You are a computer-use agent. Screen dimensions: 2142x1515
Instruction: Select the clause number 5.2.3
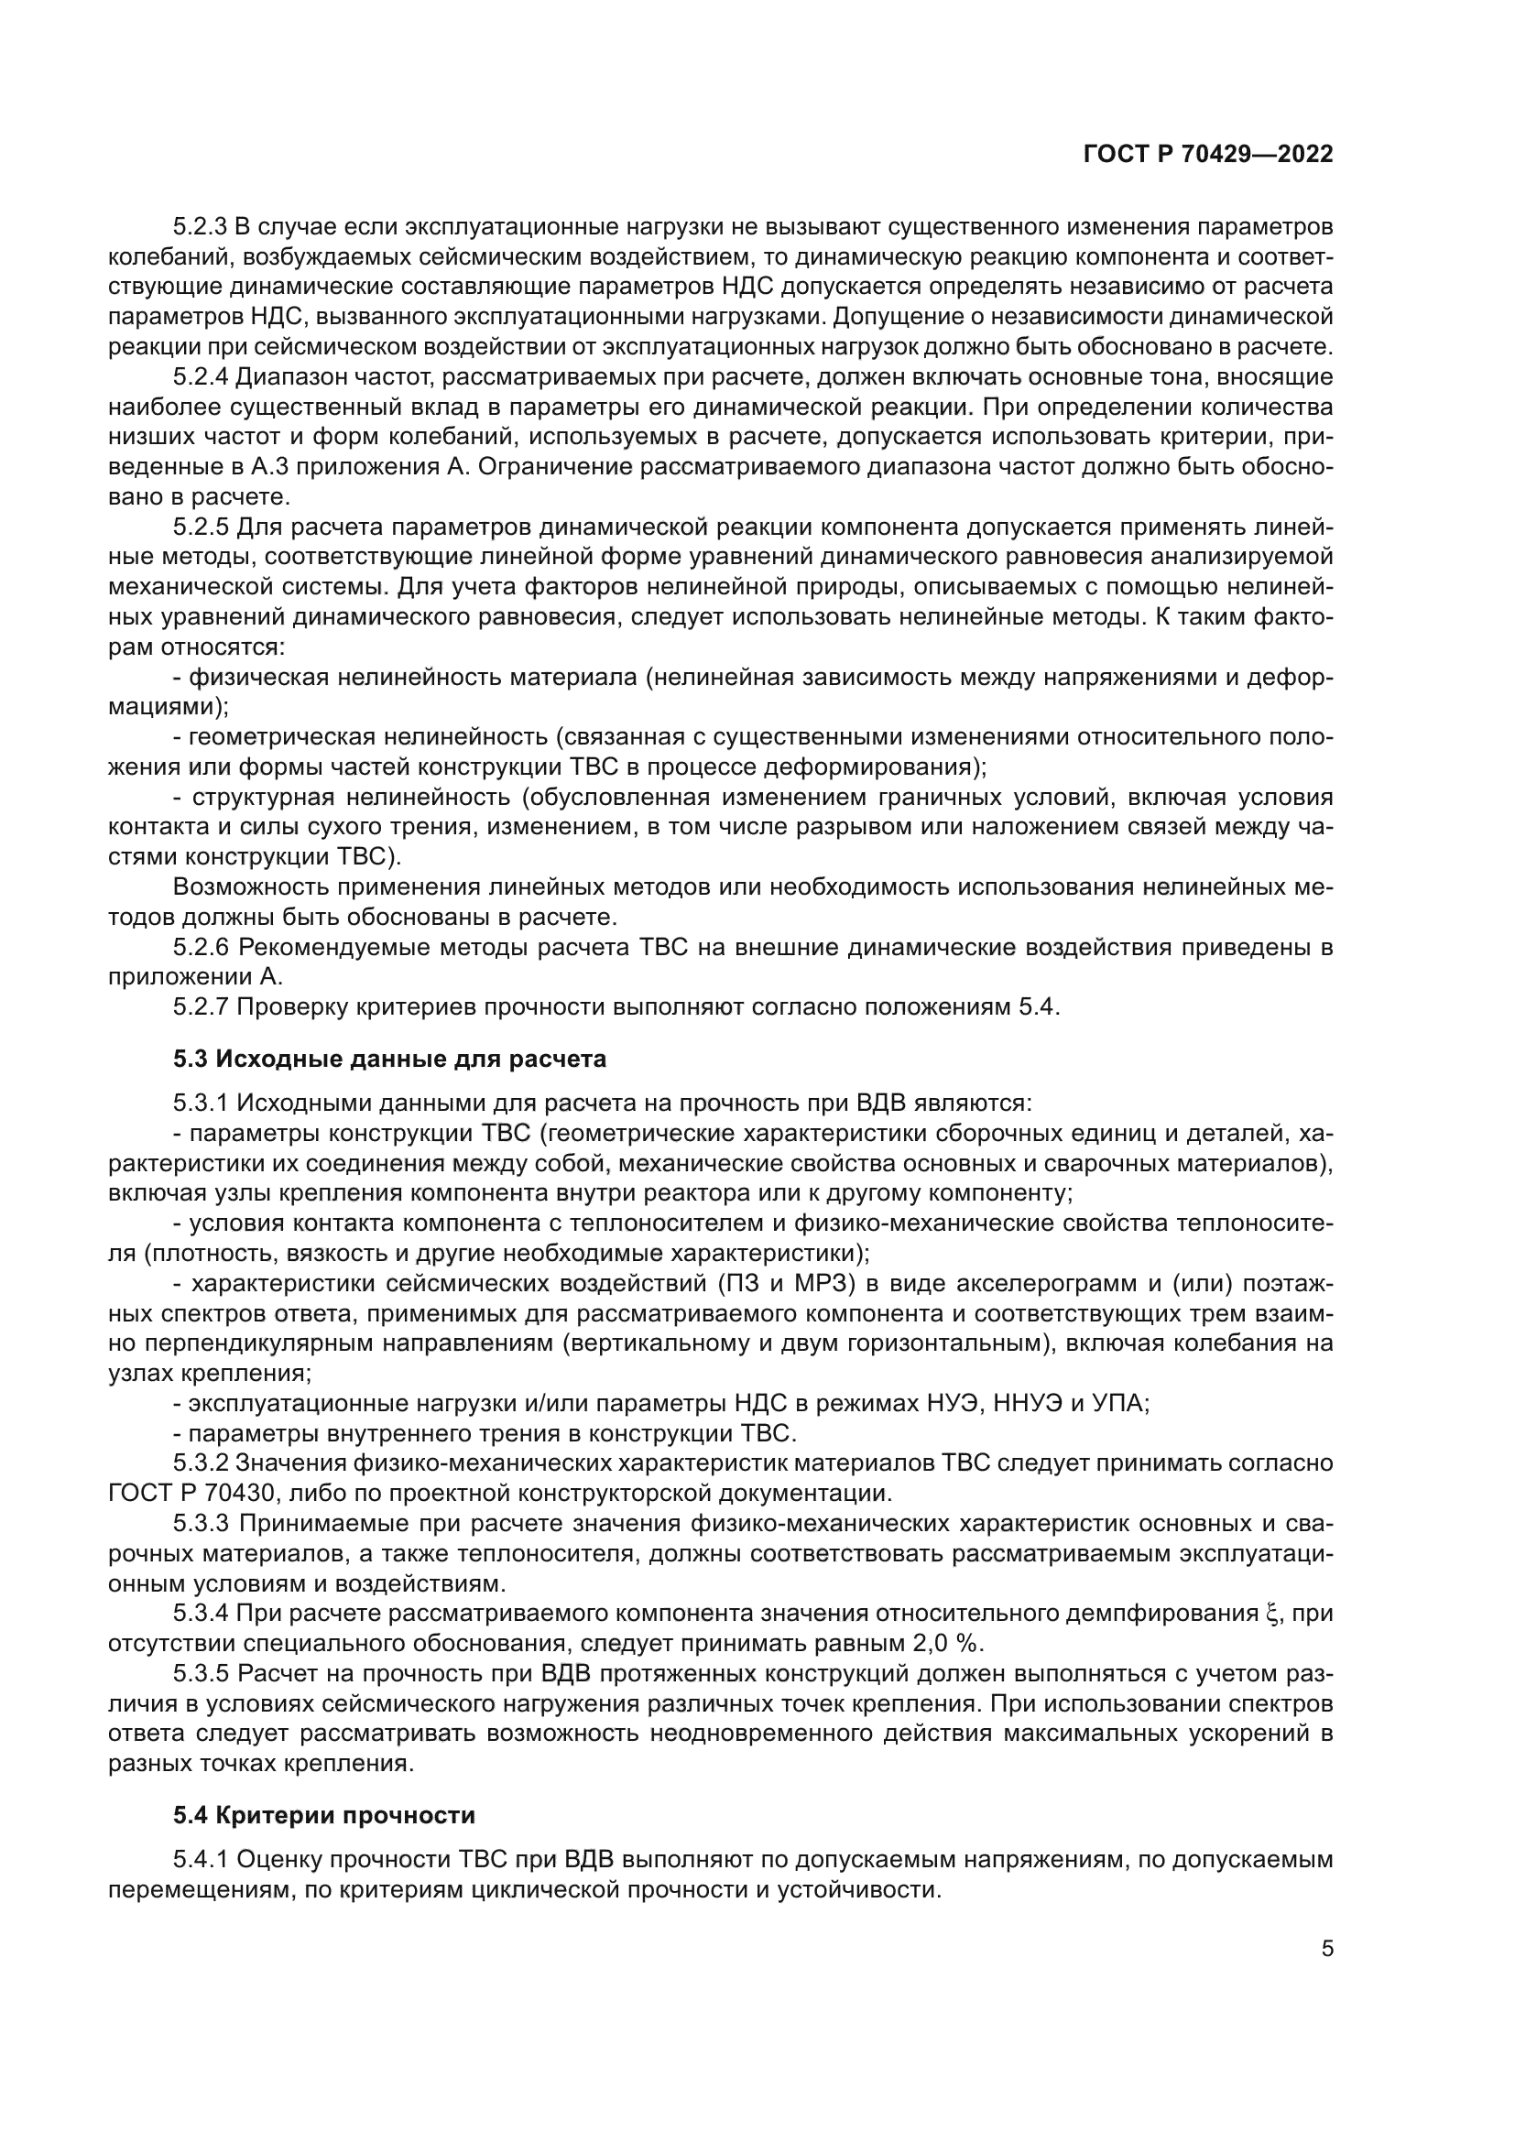(200, 227)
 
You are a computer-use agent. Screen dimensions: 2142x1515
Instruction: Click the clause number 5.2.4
(200, 377)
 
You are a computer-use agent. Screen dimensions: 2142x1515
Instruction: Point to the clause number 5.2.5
(200, 527)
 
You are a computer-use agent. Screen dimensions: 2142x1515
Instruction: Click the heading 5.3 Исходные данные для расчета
(389, 1059)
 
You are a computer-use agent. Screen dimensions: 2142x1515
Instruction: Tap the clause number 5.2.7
(200, 1006)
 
